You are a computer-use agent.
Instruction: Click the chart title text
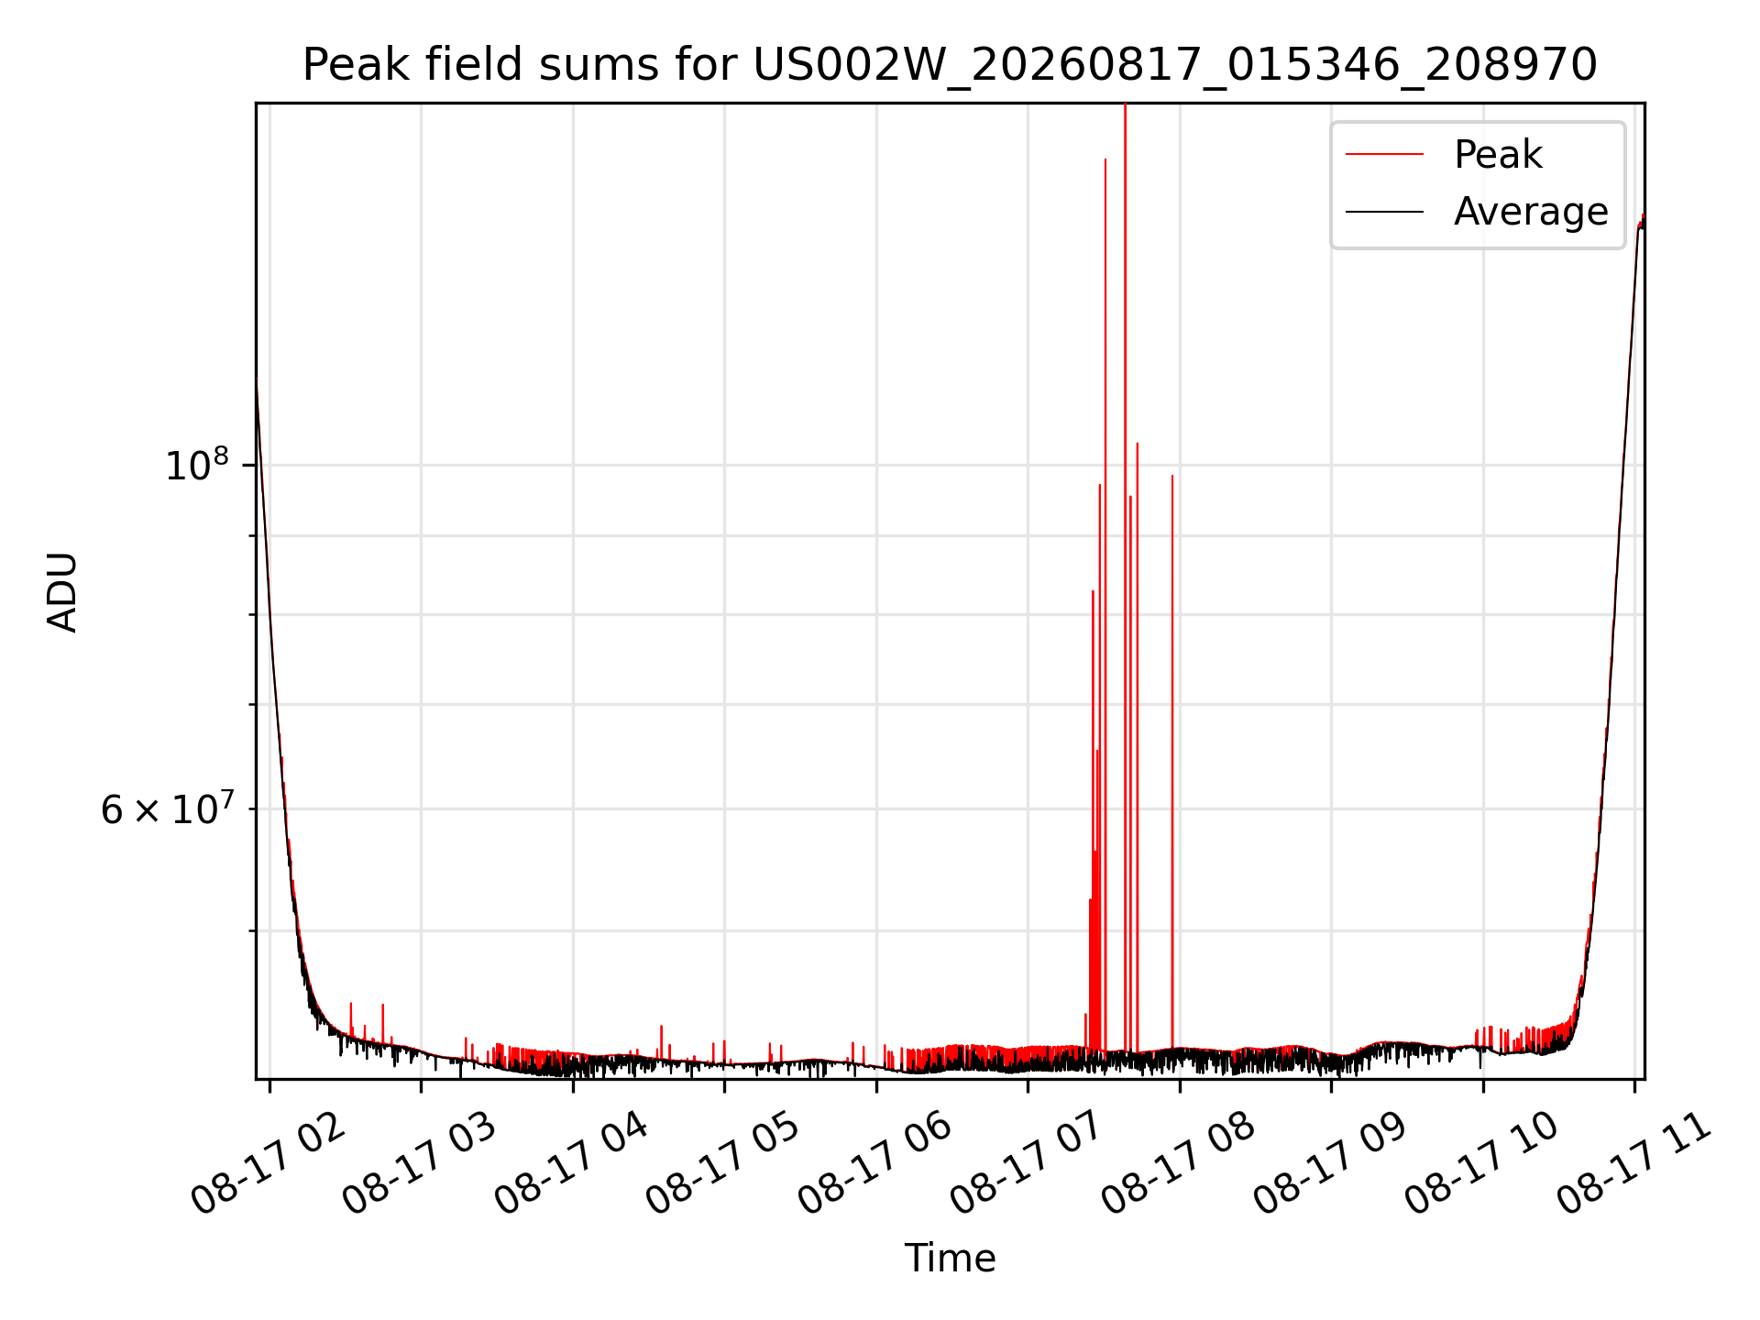[950, 65]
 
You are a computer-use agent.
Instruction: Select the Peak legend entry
[1498, 154]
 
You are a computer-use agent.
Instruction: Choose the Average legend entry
[1531, 212]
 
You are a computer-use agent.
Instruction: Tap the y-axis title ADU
[62, 591]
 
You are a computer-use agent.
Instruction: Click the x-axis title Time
[950, 1258]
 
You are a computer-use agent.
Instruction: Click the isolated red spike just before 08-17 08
[1171, 761]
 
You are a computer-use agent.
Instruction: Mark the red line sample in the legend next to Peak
[1384, 155]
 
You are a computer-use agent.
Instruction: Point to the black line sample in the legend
[1384, 213]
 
